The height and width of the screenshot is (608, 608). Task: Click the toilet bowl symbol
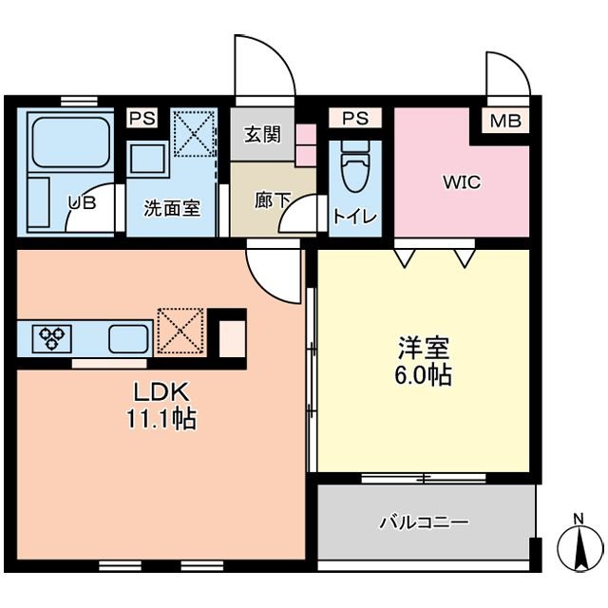[355, 166]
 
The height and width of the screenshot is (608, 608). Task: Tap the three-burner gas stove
[51, 338]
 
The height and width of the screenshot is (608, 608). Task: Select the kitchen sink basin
[128, 338]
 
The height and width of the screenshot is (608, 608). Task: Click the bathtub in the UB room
[70, 142]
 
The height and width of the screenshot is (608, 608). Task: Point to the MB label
[505, 121]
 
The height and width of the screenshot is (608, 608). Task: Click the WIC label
[462, 182]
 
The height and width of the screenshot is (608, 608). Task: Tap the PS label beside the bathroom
[142, 118]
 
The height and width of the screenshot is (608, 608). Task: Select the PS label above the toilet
[355, 118]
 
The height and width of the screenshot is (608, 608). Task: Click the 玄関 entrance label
[262, 135]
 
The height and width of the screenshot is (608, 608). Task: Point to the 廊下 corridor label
[273, 199]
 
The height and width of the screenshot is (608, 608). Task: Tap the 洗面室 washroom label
[172, 208]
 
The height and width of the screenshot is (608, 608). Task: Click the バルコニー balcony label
[424, 522]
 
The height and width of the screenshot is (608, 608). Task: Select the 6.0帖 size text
[423, 374]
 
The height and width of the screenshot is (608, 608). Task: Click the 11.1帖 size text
[161, 419]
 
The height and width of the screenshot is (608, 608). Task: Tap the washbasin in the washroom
[147, 159]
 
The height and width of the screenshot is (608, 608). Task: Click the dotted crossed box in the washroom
[194, 133]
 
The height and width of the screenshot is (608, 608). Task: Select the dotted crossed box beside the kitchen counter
[180, 332]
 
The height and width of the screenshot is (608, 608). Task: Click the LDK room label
[161, 392]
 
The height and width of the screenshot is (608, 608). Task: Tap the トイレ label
[355, 217]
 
